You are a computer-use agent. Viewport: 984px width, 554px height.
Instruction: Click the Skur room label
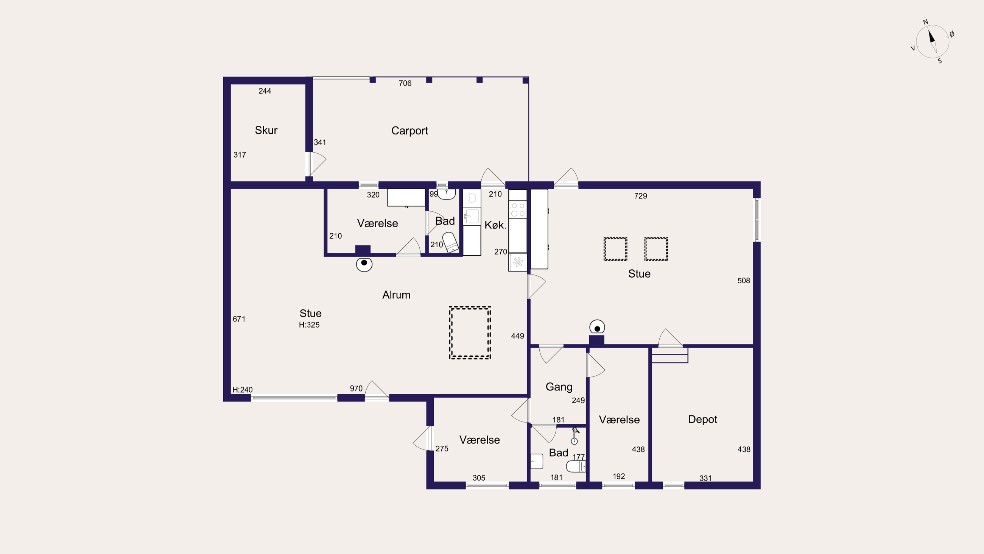(x=266, y=130)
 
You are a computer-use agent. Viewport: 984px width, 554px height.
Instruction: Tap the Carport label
(x=409, y=131)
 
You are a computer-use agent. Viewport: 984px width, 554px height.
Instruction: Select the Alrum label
(x=396, y=295)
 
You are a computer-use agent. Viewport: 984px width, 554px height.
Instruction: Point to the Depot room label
(x=702, y=420)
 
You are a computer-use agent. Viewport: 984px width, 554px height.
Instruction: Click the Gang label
(x=559, y=387)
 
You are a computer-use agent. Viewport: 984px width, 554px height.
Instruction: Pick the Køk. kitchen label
(x=495, y=225)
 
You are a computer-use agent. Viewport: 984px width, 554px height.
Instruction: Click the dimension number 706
(x=405, y=83)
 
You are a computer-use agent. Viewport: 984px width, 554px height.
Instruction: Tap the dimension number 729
(x=641, y=196)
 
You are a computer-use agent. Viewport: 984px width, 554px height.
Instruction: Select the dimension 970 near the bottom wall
(x=356, y=389)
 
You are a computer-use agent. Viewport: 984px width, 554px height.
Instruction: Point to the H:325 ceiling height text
(x=309, y=325)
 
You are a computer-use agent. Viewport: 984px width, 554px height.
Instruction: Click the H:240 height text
(x=242, y=390)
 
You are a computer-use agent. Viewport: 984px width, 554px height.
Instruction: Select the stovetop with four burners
(x=518, y=209)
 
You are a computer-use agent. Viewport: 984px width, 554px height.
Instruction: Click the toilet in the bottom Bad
(x=576, y=467)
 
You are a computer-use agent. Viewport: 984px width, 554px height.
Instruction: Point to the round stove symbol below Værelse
(x=364, y=264)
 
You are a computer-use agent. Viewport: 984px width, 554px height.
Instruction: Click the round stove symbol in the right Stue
(x=597, y=328)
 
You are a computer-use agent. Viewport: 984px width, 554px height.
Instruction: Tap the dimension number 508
(x=744, y=281)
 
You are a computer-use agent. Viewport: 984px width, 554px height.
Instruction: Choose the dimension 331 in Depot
(x=705, y=478)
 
